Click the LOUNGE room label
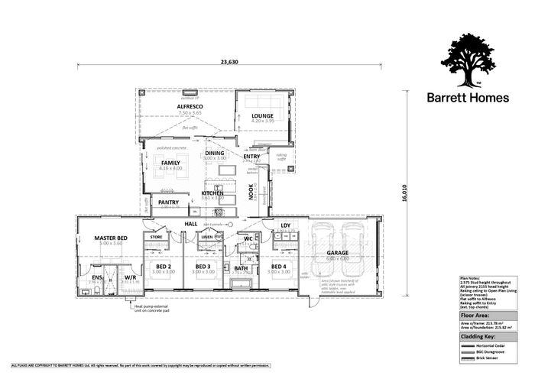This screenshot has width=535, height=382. [x=262, y=116]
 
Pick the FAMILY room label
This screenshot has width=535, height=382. [x=170, y=163]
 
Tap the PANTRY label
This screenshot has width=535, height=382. [x=168, y=202]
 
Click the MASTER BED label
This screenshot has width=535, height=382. [x=111, y=239]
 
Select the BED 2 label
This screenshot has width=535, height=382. [x=162, y=267]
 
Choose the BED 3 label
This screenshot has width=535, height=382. [x=203, y=267]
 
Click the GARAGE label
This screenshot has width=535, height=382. [x=338, y=252]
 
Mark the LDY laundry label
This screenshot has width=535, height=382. [x=285, y=225]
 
